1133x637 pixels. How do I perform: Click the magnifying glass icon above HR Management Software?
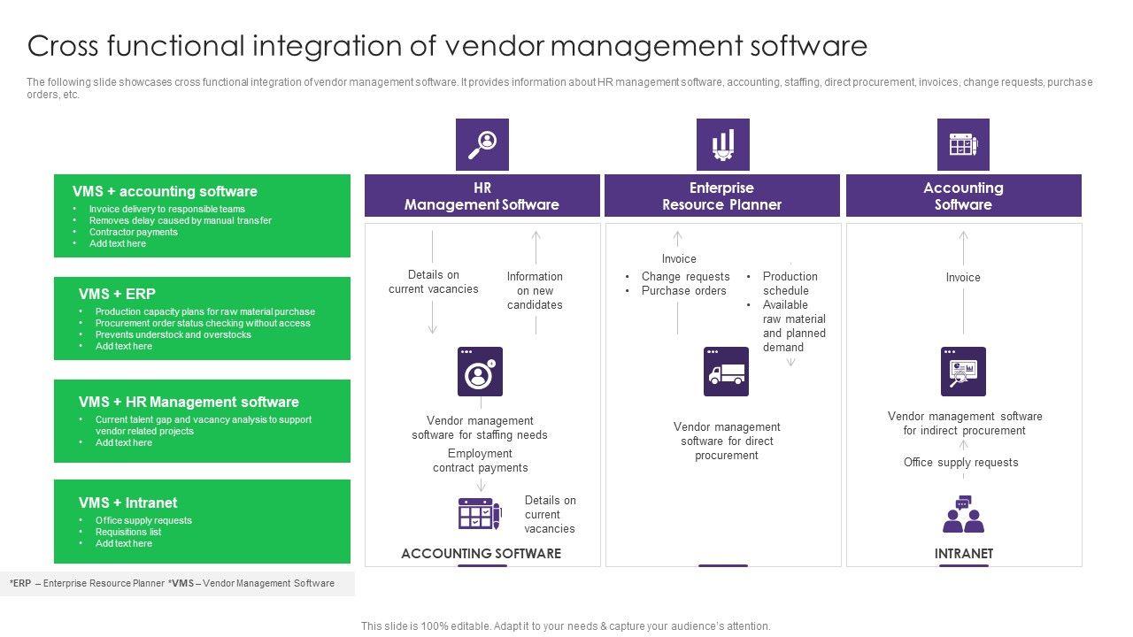(x=482, y=144)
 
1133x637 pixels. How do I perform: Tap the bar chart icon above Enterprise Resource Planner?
(x=723, y=144)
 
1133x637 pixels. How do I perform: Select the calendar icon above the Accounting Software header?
(x=963, y=144)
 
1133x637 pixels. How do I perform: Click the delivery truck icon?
(x=726, y=372)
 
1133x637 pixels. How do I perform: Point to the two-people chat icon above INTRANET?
(x=963, y=514)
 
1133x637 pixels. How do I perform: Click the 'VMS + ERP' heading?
(x=117, y=294)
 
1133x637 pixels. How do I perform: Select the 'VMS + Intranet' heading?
(x=127, y=503)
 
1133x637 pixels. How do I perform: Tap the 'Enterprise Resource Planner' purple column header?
(x=722, y=196)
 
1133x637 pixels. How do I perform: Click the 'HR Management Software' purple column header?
(x=482, y=196)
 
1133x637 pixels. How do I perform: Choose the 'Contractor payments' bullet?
(x=134, y=232)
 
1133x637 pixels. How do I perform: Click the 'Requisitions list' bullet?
(x=128, y=532)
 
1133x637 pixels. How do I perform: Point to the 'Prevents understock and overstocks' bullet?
(x=173, y=334)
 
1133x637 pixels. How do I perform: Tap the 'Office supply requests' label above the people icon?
(x=960, y=462)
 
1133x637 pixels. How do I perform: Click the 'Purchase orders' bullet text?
(x=684, y=291)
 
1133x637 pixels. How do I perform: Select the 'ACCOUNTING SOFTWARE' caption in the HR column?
(x=481, y=554)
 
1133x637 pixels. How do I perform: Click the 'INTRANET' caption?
(x=964, y=554)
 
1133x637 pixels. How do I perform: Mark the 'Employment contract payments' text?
(x=480, y=461)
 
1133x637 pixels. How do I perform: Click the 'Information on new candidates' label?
(x=535, y=291)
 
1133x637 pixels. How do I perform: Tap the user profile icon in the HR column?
(x=480, y=372)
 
